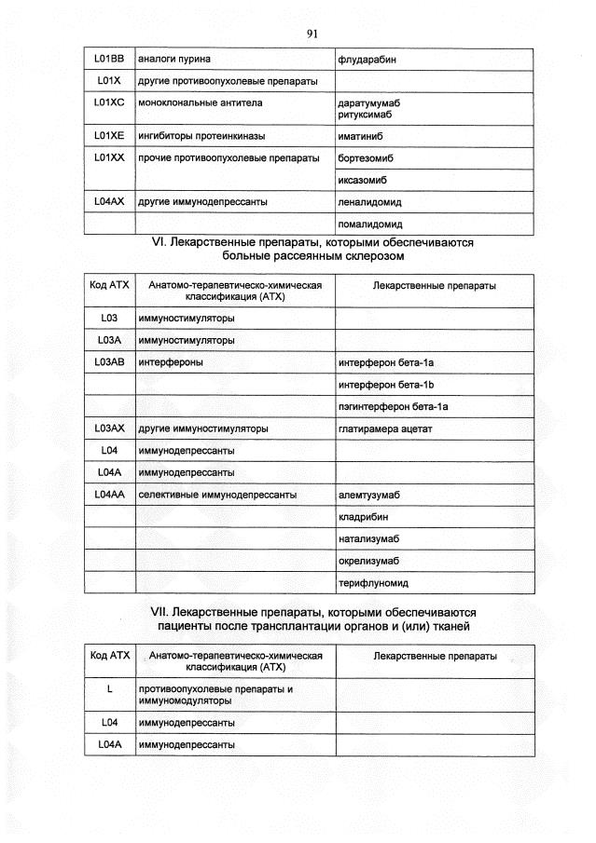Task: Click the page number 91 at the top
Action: (312, 34)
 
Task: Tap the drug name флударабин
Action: (367, 60)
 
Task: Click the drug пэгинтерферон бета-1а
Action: (394, 407)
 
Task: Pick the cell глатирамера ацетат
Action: (385, 428)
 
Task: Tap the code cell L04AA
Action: (109, 495)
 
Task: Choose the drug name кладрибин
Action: (364, 517)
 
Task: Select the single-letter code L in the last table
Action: (109, 689)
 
